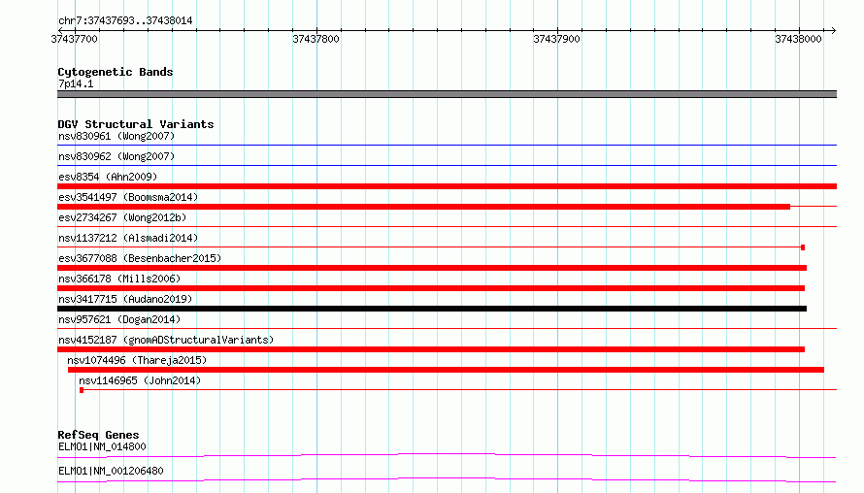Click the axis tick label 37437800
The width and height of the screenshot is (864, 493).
316,39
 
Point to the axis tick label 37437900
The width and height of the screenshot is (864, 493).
556,39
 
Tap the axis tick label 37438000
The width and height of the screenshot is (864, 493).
798,39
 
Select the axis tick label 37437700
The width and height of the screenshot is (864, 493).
75,39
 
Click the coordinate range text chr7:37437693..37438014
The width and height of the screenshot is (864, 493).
125,21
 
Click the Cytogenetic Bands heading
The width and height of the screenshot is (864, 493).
116,72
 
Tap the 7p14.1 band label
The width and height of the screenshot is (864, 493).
76,83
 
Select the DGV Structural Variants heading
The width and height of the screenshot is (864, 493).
136,124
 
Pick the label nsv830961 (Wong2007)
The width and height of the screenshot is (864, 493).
116,136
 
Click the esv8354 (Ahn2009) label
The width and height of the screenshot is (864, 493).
108,177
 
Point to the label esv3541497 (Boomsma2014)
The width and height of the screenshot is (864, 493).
128,197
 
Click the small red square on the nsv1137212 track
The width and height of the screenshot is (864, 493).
803,247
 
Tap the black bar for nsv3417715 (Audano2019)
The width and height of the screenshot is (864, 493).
432,309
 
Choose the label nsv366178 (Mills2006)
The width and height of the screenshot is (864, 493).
119,279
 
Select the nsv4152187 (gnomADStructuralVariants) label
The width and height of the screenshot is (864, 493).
166,340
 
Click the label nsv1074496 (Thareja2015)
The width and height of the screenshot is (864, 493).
137,360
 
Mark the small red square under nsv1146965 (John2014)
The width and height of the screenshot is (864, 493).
82,390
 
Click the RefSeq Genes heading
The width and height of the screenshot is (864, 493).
98,435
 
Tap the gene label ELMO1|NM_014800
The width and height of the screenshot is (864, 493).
102,446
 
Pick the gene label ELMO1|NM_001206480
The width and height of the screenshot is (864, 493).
111,471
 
